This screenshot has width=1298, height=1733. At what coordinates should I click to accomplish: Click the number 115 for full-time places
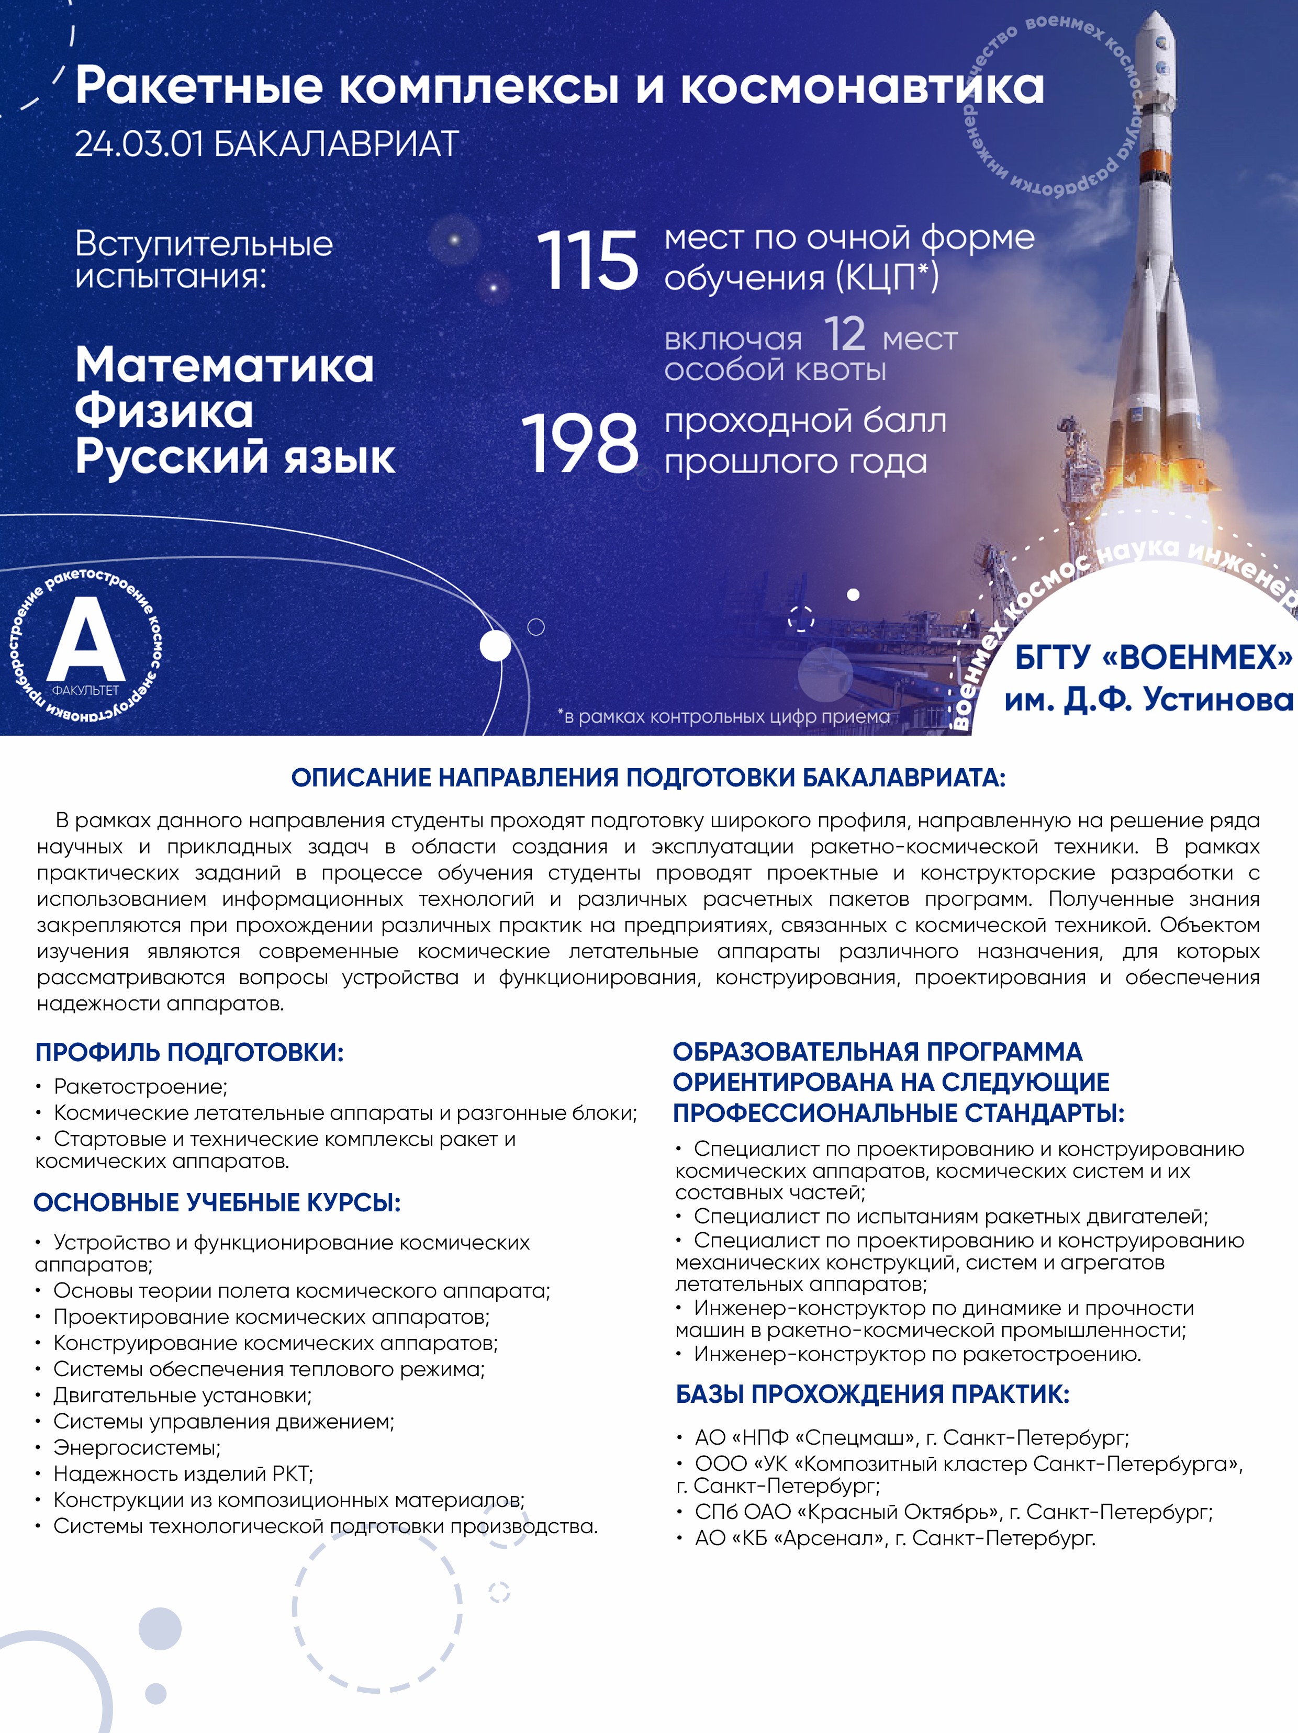tap(587, 262)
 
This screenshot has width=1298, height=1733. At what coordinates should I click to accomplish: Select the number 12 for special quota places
tap(844, 335)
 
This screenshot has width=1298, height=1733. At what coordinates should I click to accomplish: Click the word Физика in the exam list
tap(164, 411)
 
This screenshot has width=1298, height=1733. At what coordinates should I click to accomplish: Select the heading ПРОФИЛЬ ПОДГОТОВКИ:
tap(189, 1052)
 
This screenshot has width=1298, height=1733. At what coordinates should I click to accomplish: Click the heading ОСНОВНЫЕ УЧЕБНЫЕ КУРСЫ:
tap(217, 1202)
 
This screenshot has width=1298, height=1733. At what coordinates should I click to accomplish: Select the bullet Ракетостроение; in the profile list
tap(140, 1087)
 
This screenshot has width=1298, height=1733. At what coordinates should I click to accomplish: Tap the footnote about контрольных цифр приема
tap(724, 716)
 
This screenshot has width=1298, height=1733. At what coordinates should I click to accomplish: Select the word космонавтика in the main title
tap(862, 86)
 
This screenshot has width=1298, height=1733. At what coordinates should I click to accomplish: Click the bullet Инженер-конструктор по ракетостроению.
tap(917, 1354)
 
